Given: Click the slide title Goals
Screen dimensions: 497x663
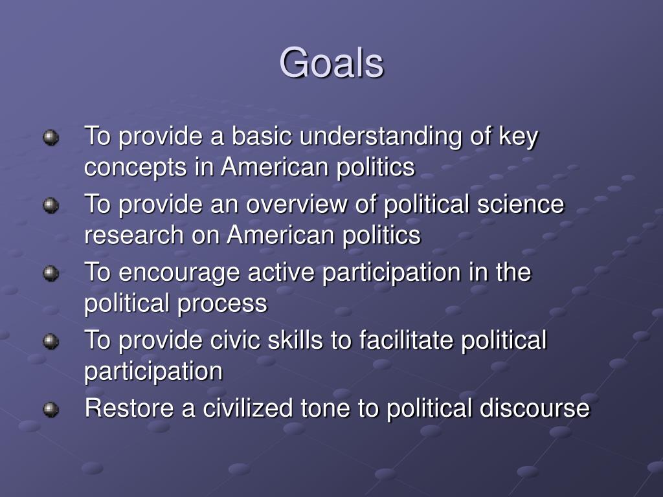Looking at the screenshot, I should (x=331, y=63).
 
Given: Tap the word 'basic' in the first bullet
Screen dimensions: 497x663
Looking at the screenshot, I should (x=262, y=137).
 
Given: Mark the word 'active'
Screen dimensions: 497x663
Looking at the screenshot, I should (x=282, y=272).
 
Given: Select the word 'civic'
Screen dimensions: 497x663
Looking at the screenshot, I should (x=221, y=340).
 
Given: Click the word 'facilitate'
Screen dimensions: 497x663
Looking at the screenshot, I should (x=403, y=340).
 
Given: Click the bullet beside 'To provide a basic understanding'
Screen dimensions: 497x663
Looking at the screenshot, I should (x=51, y=137).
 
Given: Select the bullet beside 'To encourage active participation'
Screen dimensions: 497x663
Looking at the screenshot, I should (x=51, y=274).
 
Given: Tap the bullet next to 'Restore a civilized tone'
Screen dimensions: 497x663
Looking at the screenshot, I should (x=51, y=410).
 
